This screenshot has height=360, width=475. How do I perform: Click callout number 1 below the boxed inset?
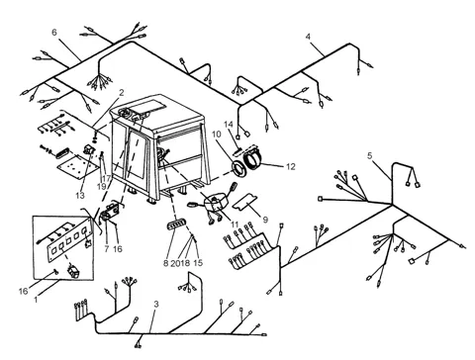[36, 300]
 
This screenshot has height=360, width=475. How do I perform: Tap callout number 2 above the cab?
[122, 93]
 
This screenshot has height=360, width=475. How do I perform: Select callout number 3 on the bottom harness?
[156, 304]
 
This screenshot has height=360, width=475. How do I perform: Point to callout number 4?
[308, 37]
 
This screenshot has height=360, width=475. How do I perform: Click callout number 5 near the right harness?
[370, 155]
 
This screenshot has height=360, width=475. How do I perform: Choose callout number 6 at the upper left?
[54, 32]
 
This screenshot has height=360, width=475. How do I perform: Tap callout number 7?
[107, 249]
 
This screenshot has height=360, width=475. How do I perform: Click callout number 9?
[265, 220]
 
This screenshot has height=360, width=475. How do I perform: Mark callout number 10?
[216, 135]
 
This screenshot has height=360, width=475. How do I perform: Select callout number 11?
[235, 225]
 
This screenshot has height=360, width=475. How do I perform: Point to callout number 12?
[290, 166]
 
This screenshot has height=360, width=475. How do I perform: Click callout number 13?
[80, 195]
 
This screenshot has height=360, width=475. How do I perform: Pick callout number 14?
[229, 125]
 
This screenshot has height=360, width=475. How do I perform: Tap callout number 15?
[198, 263]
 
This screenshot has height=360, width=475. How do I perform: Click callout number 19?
[101, 186]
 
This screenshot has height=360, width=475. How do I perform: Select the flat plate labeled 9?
[244, 201]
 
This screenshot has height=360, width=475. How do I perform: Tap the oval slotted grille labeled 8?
[177, 225]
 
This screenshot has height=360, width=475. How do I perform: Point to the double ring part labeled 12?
[253, 159]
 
